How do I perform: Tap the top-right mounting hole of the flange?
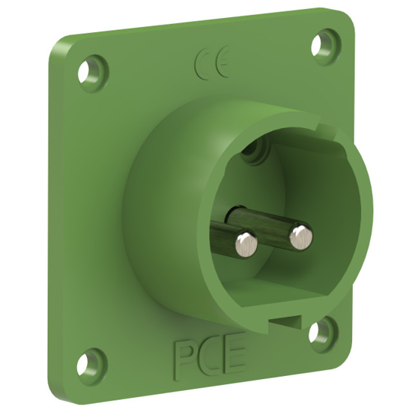pos(325,39)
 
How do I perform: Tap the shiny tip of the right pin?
pos(301,235)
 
